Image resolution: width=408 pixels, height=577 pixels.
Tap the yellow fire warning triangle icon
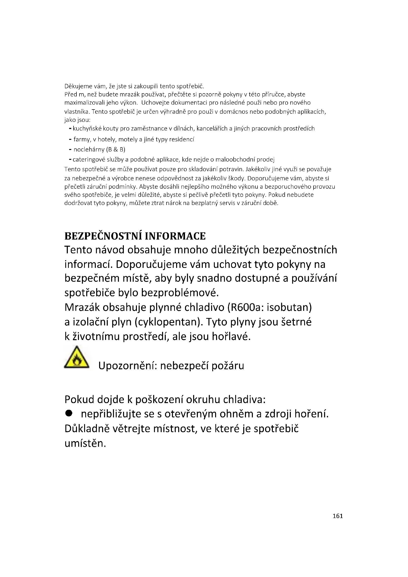[76, 358]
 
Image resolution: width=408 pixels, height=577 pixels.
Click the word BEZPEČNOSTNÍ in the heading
[103, 236]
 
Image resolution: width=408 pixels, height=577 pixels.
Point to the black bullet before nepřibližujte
[69, 413]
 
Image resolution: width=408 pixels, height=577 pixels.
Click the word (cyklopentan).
[169, 322]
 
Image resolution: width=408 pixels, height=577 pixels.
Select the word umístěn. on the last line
[85, 443]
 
